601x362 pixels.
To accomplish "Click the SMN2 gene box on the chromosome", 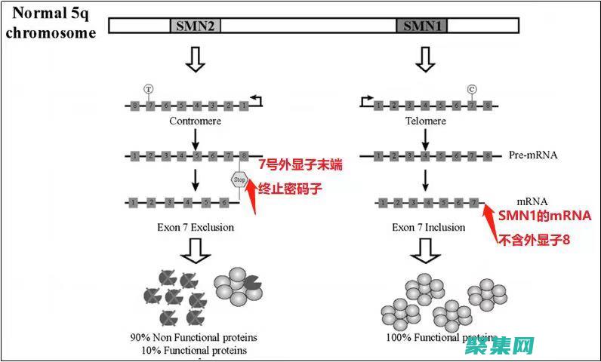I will (x=196, y=26).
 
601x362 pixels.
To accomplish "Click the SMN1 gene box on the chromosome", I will (x=422, y=26).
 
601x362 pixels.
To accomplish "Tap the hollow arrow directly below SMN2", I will (x=196, y=61).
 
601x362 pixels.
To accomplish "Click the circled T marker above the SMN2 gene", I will (x=149, y=89).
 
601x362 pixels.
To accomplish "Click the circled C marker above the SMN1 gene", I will (x=473, y=89).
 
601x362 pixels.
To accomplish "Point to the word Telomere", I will (x=426, y=121).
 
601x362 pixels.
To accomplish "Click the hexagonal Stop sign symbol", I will (x=239, y=179).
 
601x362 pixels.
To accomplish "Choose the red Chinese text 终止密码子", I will (x=291, y=189).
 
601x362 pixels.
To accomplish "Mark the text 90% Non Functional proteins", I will (x=193, y=336).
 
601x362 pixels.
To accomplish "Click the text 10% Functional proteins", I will (x=193, y=350).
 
